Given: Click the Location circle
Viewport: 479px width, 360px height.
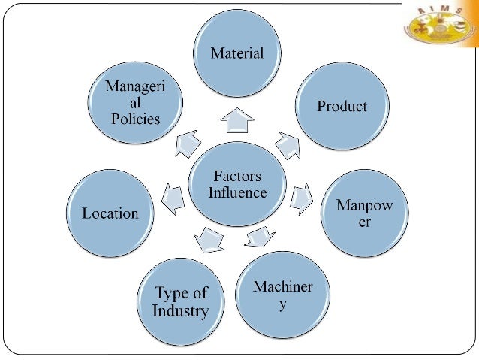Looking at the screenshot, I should tap(110, 213).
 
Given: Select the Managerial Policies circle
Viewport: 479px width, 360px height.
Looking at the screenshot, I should tap(134, 105).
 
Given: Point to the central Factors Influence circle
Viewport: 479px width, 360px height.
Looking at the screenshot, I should tap(236, 185).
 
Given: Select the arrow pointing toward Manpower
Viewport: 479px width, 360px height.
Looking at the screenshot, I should tap(302, 198).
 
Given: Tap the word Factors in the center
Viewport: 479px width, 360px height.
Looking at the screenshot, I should tap(236, 177).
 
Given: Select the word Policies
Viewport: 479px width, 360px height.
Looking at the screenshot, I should tap(134, 119).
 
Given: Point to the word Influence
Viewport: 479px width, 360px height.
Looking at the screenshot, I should tap(236, 192).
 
